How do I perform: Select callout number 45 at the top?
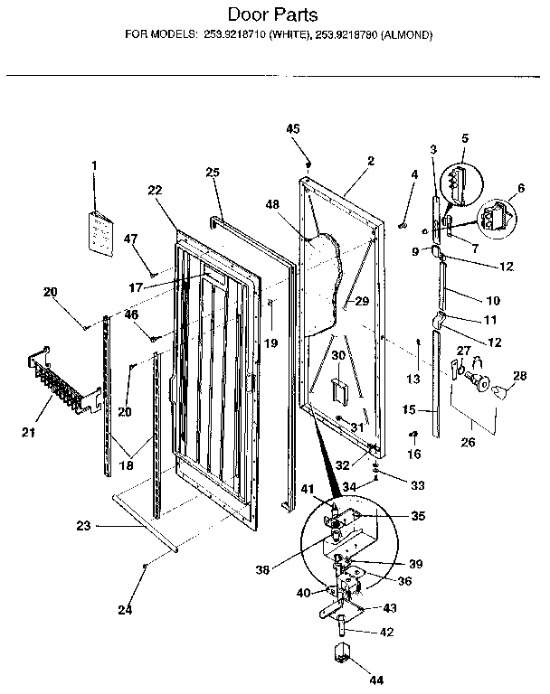point(293,129)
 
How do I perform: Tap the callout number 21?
point(28,433)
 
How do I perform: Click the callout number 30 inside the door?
point(337,356)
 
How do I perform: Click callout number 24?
point(125,610)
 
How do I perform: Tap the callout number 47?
point(130,239)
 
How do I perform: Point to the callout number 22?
point(154,190)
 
